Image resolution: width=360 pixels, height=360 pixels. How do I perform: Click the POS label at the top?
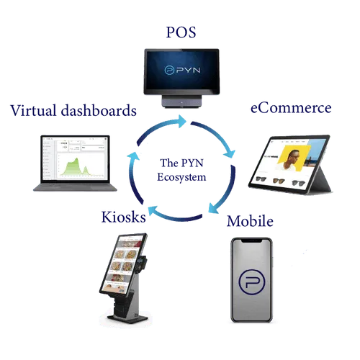[181, 32]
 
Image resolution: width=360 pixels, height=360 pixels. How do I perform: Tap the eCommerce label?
[291, 108]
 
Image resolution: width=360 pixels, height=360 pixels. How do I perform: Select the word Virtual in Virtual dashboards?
[34, 111]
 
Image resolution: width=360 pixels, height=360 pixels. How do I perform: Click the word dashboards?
[99, 111]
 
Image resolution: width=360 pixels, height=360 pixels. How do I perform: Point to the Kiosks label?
[124, 217]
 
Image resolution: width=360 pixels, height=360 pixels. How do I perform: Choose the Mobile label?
[250, 221]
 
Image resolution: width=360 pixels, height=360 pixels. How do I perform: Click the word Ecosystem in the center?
[181, 177]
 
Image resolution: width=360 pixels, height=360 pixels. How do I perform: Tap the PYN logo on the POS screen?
[182, 70]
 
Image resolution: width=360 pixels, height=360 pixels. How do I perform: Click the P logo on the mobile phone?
[252, 282]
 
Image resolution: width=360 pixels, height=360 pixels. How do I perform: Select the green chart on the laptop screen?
[75, 167]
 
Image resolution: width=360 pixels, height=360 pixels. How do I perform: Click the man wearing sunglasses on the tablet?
[291, 161]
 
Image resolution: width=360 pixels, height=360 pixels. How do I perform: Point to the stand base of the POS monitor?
[181, 101]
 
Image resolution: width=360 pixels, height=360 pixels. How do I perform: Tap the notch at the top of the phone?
[251, 240]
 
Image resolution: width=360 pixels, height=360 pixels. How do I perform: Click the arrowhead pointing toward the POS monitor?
[181, 121]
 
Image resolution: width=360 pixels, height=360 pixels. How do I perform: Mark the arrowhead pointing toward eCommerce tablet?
[230, 153]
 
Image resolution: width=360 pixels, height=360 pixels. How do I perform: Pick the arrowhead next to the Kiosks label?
[153, 210]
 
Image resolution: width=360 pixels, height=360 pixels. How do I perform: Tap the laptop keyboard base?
[75, 187]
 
